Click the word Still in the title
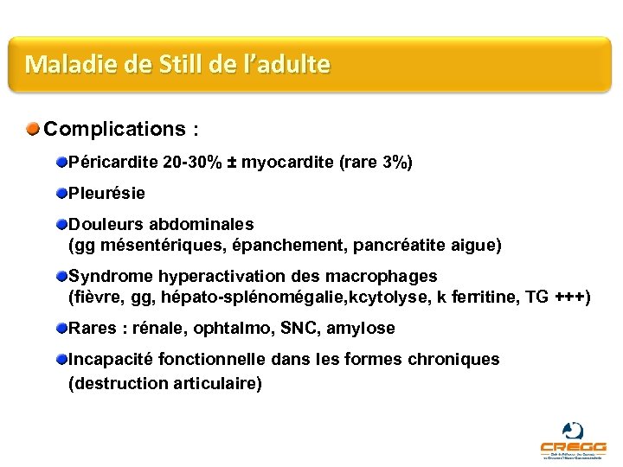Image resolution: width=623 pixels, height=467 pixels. [x=183, y=64]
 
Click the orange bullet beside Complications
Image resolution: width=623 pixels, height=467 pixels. [x=33, y=130]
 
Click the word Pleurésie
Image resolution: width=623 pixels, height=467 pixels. [x=106, y=194]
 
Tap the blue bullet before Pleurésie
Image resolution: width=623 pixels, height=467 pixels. [x=61, y=193]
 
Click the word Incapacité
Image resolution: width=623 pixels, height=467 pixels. [x=110, y=359]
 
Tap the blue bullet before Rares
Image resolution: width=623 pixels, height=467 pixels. [x=61, y=328]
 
